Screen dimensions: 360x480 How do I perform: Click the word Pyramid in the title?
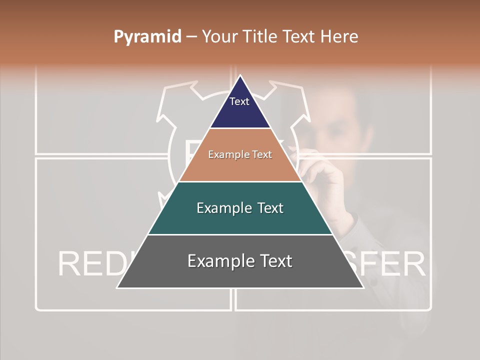tap(147, 37)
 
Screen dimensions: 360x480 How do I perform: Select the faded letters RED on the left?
tap(90, 264)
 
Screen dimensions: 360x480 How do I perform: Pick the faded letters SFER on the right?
tap(395, 264)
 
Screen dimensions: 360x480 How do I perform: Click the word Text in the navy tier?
tap(239, 101)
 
